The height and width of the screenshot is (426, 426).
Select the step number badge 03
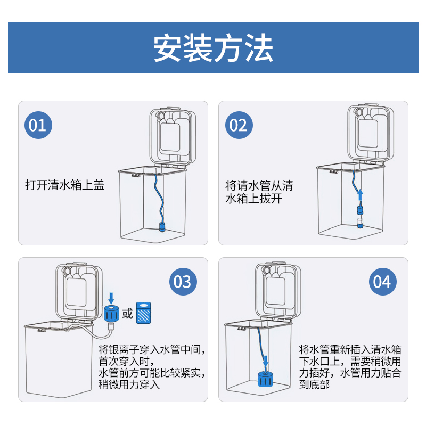point(183,281)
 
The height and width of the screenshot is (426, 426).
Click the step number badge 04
point(382,281)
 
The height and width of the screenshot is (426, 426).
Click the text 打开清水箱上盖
point(65,185)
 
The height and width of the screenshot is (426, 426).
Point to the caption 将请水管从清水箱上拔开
point(259,192)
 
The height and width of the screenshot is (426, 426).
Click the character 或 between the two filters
point(127,314)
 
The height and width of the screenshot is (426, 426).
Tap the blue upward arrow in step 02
point(359,193)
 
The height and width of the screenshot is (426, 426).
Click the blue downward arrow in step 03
point(111,296)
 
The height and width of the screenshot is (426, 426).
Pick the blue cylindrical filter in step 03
point(111,314)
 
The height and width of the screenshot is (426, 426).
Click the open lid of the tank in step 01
point(171,136)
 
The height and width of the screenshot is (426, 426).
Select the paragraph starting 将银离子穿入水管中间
point(151,367)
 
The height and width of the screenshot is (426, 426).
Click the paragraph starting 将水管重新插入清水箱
point(350,366)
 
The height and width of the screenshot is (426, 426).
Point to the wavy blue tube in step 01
point(158,197)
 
